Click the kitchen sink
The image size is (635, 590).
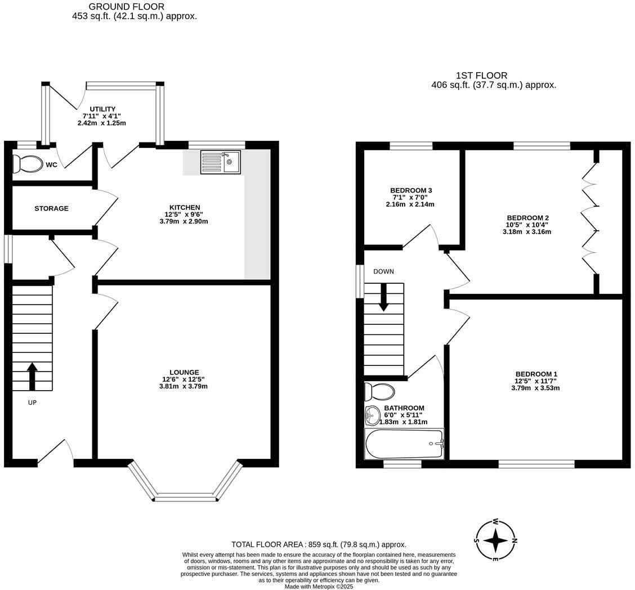[x=220, y=162]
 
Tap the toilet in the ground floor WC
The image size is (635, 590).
[x=28, y=164]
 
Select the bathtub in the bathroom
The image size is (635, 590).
[x=404, y=444]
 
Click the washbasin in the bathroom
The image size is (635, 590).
[x=372, y=416]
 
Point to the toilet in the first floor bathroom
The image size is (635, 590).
[x=379, y=391]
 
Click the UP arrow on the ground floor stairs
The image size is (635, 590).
[x=32, y=377]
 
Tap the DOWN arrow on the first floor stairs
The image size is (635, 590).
[x=383, y=297]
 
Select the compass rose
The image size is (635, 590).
[x=495, y=540]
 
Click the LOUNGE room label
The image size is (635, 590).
[x=184, y=372]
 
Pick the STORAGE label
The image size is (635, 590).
[x=51, y=208]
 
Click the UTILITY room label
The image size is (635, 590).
[x=102, y=109]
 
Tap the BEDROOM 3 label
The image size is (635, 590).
[x=411, y=190]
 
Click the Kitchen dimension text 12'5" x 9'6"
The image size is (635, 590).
[x=184, y=214]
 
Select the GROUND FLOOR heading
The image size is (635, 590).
[x=127, y=7]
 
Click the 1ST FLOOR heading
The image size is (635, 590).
[x=481, y=75]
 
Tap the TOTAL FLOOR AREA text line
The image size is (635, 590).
[x=319, y=544]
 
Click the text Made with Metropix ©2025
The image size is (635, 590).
[x=319, y=586]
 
